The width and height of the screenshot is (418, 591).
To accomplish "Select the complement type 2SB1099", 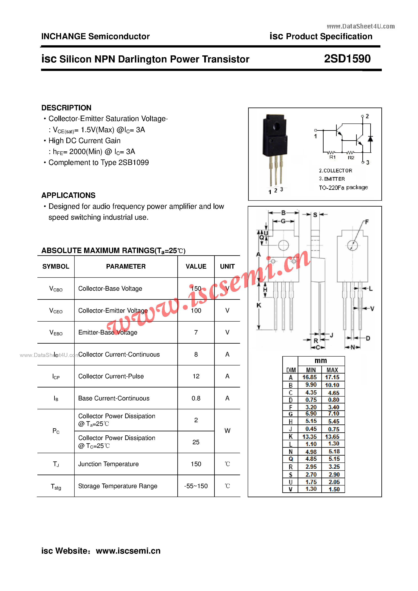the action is click(133, 163).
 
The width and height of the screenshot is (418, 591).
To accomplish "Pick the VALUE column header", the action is click(196, 266).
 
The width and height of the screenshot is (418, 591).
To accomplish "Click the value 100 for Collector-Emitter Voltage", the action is click(196, 310).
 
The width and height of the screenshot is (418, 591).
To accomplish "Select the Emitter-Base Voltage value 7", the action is click(196, 332).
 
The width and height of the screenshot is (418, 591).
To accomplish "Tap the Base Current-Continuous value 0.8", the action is click(196, 398).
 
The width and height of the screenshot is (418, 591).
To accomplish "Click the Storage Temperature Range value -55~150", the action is click(196, 486).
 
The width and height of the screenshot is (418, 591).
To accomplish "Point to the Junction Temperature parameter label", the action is click(108, 464).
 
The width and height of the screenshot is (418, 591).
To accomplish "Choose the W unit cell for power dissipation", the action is click(227, 431).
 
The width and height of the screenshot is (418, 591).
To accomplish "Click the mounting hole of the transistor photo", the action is click(276, 126).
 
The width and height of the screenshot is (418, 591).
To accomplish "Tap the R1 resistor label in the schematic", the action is click(332, 157).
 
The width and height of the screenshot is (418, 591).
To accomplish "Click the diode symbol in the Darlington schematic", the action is click(370, 139).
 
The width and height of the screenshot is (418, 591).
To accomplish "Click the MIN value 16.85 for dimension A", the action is click(309, 377).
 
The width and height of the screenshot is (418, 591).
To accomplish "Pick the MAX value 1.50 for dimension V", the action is click(334, 489).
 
